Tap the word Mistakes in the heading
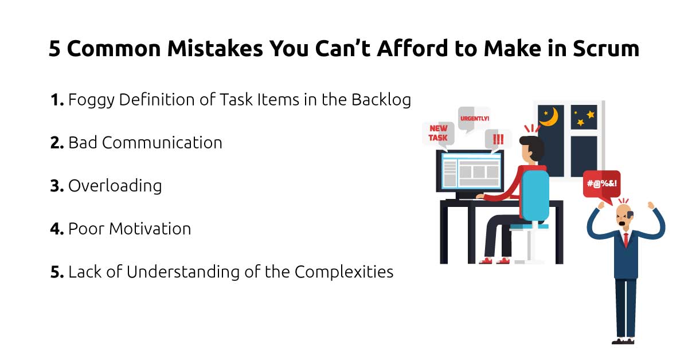coord(214,49)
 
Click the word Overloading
coord(115,186)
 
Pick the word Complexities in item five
coord(344,272)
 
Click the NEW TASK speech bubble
coord(438,132)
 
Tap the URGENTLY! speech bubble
coord(474,119)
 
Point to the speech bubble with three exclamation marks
coord(497,138)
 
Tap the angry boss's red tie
coord(626,239)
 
